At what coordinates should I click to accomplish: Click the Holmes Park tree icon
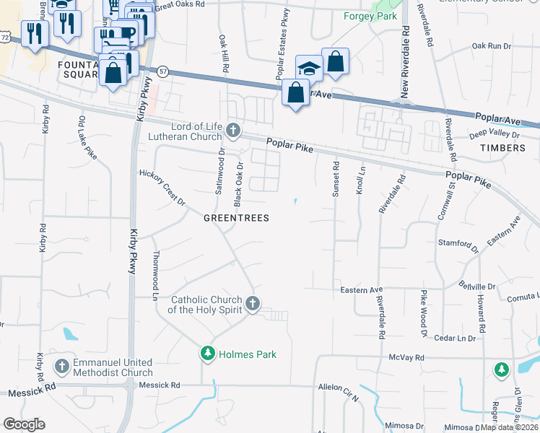[x=208, y=354]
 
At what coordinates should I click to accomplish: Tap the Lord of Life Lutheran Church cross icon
[x=232, y=130]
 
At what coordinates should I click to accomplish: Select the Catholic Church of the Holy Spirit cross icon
[x=252, y=303]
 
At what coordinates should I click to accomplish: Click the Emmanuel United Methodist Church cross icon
[x=63, y=367]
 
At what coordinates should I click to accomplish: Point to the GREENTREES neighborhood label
[x=236, y=218]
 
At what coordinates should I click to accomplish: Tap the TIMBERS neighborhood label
[x=502, y=148]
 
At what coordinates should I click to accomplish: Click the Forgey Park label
[x=370, y=15]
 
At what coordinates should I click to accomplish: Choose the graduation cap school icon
[x=309, y=69]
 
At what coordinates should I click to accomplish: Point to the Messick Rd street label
[x=32, y=393]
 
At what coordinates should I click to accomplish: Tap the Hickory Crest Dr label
[x=162, y=187]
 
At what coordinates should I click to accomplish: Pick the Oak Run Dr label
[x=491, y=45]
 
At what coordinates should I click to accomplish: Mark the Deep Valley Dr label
[x=495, y=134]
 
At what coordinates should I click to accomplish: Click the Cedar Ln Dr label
[x=456, y=338]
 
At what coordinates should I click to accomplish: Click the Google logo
[x=24, y=424]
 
